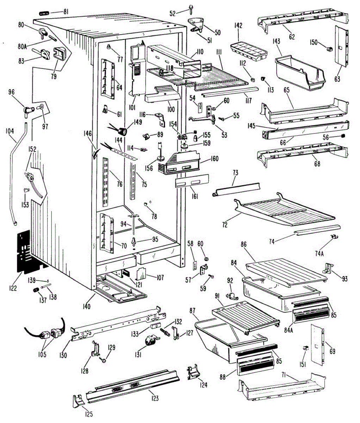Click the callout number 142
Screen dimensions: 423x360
click(x=238, y=26)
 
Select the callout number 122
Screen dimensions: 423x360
click(x=13, y=288)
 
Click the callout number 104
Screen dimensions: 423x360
click(x=10, y=131)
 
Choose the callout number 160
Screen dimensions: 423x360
click(x=215, y=159)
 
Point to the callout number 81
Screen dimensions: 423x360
click(x=66, y=12)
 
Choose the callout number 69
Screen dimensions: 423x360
click(x=332, y=351)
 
